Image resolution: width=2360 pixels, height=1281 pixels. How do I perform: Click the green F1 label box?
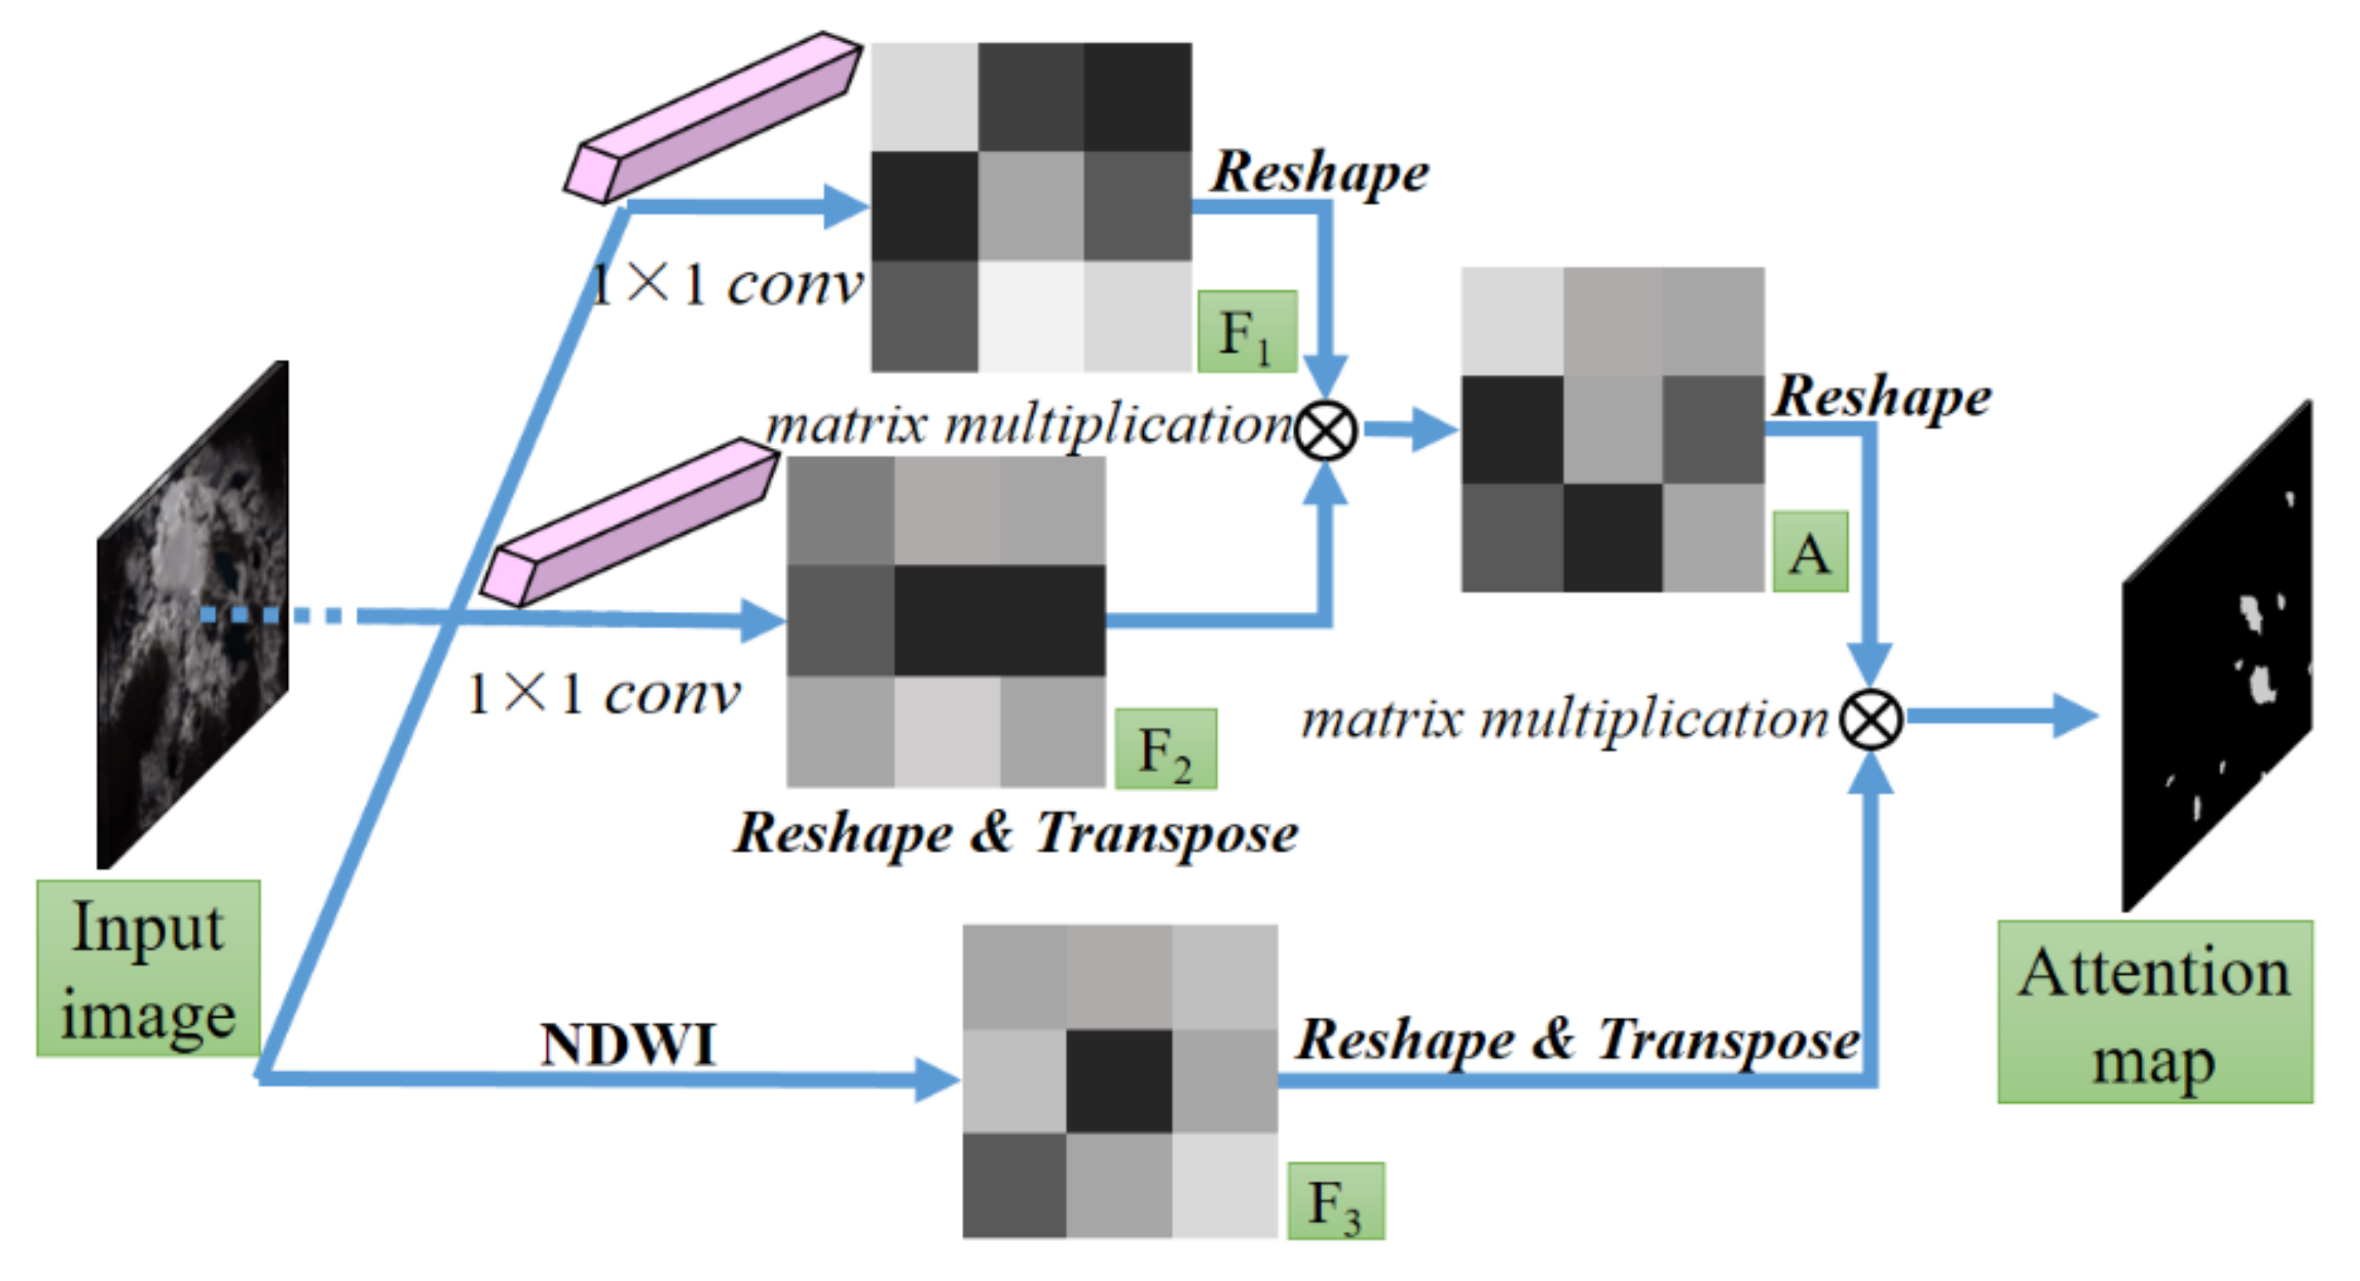click(1247, 332)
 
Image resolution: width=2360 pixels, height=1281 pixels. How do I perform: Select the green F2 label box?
click(1165, 748)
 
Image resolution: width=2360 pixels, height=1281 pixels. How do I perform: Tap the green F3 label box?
click(1335, 1201)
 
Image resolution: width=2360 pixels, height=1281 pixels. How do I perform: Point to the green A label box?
click(1809, 552)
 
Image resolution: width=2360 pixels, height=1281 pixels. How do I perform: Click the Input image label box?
click(148, 968)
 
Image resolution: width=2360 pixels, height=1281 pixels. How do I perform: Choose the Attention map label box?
click(2155, 1012)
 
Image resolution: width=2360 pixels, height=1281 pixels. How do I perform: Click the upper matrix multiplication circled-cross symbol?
click(1326, 431)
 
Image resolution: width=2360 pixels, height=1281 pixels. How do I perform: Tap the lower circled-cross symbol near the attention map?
click(1870, 719)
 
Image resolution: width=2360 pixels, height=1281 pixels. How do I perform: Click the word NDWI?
click(628, 1044)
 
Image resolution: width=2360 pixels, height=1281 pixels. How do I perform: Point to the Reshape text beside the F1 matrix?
click(1319, 172)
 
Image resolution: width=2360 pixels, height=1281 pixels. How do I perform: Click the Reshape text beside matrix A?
click(1882, 397)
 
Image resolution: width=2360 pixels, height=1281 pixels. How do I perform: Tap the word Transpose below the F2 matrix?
click(1166, 833)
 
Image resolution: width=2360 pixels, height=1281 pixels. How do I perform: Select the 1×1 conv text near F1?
click(726, 285)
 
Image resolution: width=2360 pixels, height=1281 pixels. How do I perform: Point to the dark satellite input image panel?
click(193, 614)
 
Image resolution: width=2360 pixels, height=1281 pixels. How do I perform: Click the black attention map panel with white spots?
click(2216, 655)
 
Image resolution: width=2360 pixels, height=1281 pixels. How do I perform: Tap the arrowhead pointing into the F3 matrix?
click(936, 1080)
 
